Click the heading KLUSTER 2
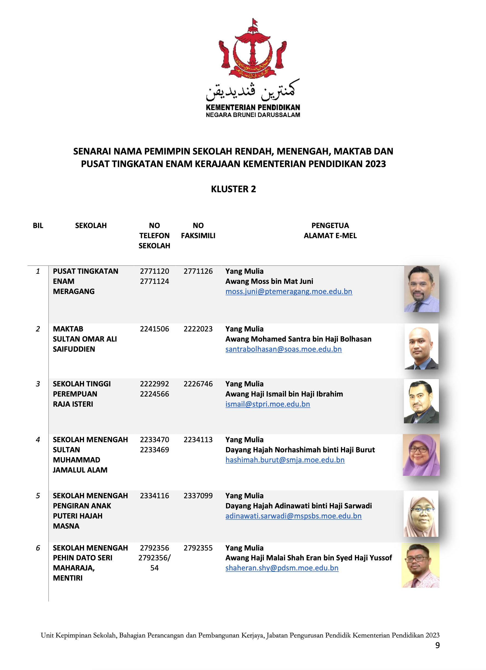coord(233,189)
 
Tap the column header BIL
coord(38,225)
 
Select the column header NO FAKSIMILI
coord(198,231)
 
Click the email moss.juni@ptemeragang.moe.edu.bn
coord(288,292)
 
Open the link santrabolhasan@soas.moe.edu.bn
coord(283,349)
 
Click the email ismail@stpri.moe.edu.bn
coord(268,404)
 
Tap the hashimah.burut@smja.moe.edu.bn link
coord(285,460)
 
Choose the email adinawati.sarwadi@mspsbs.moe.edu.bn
coord(293,516)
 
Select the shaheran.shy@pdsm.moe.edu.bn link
coord(282,568)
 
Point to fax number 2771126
coord(198,271)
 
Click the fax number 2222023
coord(198,329)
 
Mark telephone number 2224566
coord(154,394)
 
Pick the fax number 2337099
coord(198,496)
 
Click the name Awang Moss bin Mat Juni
coord(269,281)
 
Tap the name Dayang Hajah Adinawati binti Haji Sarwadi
coord(299,506)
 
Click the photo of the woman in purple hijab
coord(421,455)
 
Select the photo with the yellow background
coord(420,565)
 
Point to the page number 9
coord(437,645)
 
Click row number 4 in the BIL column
coord(38,439)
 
